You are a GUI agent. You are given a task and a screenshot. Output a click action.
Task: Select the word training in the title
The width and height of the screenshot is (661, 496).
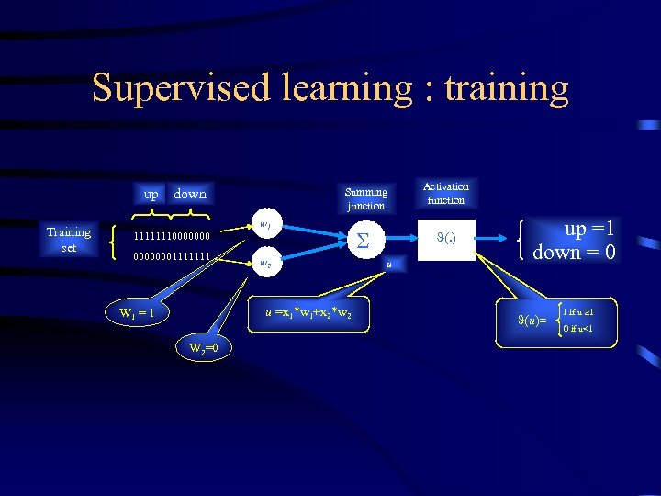coord(506,88)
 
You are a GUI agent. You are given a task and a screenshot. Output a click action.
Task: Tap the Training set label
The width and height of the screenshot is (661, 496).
coord(69,240)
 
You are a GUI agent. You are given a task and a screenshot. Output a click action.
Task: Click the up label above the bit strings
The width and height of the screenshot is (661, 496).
coord(151,194)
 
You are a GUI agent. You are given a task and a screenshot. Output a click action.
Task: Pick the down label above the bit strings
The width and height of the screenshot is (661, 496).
coord(190,194)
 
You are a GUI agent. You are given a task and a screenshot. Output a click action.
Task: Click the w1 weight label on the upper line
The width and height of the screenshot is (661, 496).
coord(264,223)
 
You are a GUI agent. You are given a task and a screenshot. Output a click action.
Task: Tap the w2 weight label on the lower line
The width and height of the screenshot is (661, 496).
coord(264,263)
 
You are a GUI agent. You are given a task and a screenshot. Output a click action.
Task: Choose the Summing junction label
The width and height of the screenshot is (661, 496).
coord(365,198)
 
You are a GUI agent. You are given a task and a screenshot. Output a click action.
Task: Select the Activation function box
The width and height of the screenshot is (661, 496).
coord(445,193)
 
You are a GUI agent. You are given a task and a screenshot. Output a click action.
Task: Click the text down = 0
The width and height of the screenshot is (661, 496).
coord(574,252)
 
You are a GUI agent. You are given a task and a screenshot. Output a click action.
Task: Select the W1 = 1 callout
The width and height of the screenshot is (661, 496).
coord(142,313)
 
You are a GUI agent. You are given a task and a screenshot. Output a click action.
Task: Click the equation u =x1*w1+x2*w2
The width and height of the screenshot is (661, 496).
coord(309,314)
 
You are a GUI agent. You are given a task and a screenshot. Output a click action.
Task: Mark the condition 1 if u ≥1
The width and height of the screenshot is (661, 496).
coord(577,311)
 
